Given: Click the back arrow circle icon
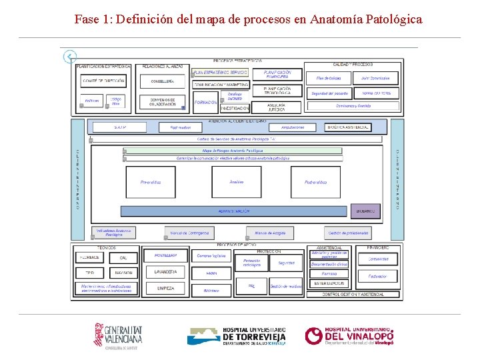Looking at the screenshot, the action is point(70,57).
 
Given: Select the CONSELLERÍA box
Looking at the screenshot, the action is point(163,81).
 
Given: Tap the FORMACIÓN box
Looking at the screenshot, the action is point(205,103).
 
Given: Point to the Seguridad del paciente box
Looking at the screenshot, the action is point(329,93).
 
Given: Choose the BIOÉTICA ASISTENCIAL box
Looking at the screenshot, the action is point(348,127).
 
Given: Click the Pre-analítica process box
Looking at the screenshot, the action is point(151,182).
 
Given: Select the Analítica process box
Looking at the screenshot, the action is point(236,182).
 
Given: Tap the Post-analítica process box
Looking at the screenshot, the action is point(315,182).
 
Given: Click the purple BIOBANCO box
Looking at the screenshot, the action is point(366,211).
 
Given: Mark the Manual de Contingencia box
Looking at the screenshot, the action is point(189,233).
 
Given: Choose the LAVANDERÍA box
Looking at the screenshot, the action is point(165,272).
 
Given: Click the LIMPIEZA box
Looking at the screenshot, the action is point(165,288).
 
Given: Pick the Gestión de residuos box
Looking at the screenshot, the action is point(287,287).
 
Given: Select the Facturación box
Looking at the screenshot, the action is point(377,276).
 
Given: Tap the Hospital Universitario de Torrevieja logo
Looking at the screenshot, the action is point(237,336).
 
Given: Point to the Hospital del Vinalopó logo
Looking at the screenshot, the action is point(349,335).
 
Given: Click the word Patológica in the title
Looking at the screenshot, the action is point(393,19).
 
